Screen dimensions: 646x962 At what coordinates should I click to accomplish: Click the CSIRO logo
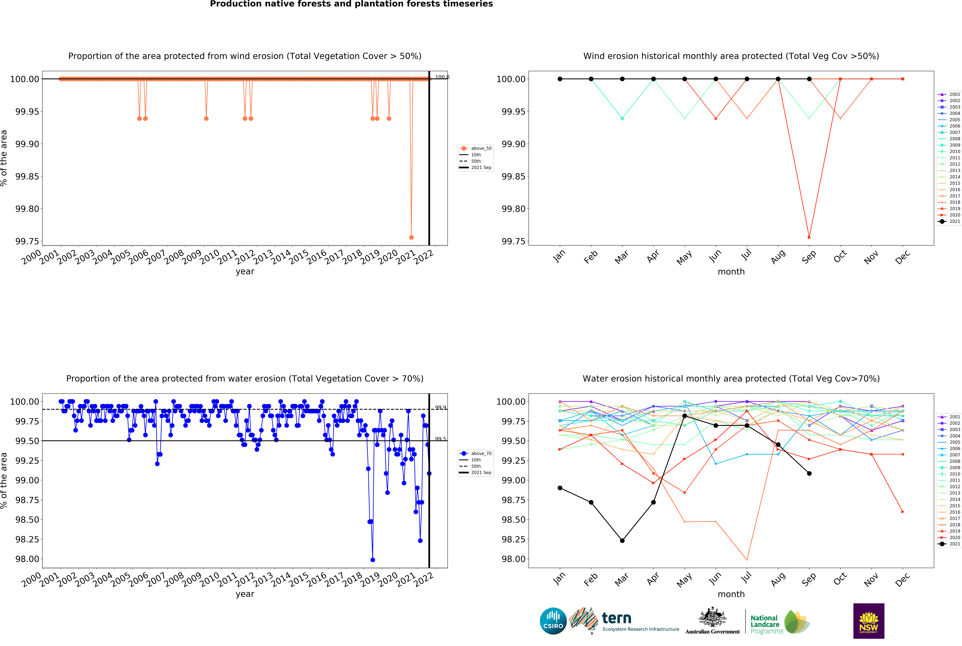click(553, 621)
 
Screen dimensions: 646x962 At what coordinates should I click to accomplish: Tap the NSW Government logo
click(868, 621)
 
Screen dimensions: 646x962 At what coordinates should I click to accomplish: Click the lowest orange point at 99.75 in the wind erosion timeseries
click(411, 237)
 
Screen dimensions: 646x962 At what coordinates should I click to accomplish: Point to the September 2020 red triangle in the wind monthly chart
click(809, 237)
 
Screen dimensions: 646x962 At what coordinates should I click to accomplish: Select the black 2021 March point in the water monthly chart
click(622, 541)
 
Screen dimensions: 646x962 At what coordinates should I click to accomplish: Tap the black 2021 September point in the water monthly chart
click(809, 473)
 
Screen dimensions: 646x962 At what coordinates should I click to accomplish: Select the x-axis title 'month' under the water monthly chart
click(731, 594)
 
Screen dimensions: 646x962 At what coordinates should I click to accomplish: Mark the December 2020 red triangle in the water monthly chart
click(903, 512)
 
